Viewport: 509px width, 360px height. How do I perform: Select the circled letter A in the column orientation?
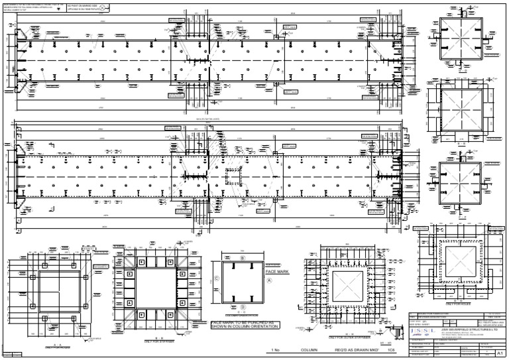269,280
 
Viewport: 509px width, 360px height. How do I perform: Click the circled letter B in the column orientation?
243,257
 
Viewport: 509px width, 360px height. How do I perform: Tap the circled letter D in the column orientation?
243,306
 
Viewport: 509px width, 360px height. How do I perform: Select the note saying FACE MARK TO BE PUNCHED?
245,325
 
